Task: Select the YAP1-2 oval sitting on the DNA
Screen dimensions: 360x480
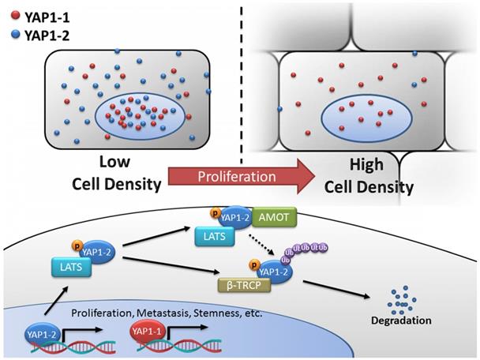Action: (43, 335)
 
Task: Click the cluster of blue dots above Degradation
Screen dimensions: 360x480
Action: (403, 300)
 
